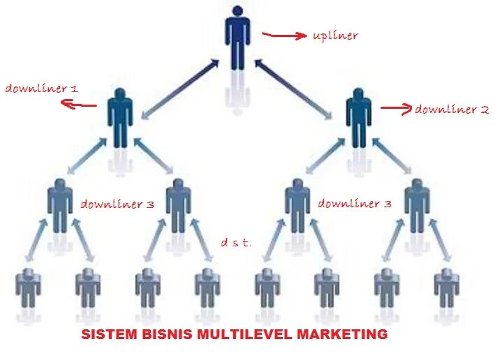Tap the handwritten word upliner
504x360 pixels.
(335, 36)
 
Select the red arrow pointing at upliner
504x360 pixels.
(284, 34)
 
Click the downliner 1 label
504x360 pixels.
(42, 89)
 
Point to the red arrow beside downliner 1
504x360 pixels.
(78, 105)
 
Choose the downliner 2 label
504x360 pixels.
(452, 110)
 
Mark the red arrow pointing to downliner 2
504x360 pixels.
(396, 109)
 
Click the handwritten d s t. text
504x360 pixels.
(236, 242)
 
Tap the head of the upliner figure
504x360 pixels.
(237, 12)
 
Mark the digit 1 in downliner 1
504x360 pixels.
(74, 89)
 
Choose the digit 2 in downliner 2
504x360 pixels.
(484, 110)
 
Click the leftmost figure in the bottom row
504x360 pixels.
(29, 289)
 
